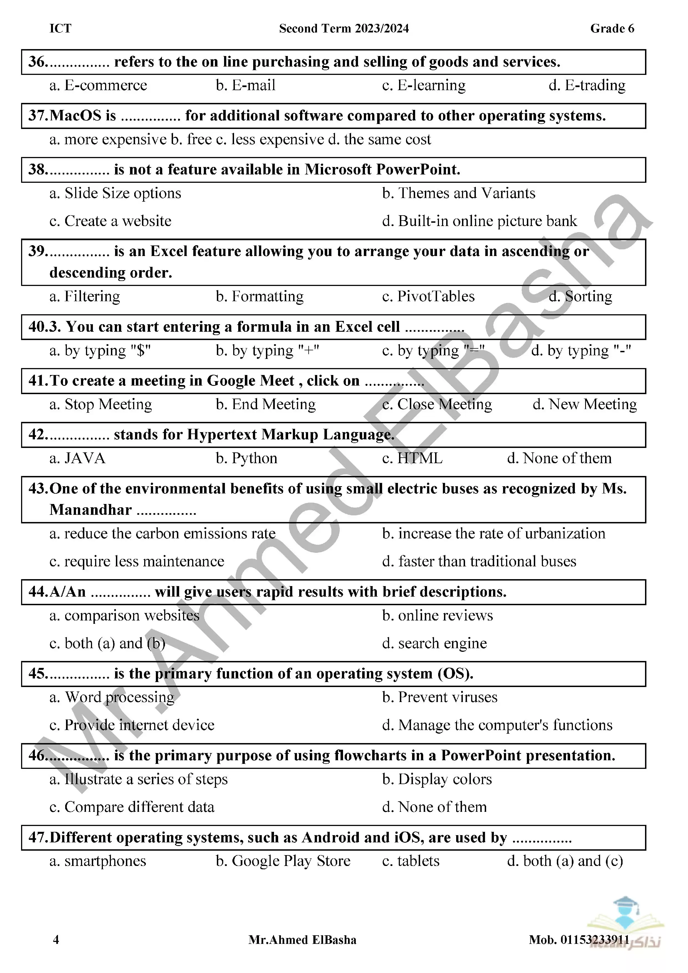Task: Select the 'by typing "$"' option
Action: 100,351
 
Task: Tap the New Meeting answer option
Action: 585,405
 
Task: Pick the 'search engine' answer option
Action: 434,643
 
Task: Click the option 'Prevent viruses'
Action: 440,697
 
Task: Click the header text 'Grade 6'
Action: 612,28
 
